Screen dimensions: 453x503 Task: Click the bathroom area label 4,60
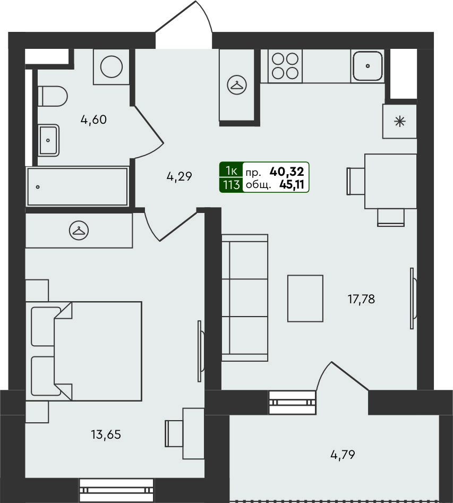[93, 120]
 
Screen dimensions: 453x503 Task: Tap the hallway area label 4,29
[179, 176]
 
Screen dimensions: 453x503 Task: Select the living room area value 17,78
[361, 299]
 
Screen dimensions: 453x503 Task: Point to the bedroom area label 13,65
[106, 434]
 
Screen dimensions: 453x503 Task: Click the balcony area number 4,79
[343, 455]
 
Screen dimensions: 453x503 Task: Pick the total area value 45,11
[292, 184]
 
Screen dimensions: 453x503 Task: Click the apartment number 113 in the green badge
[232, 185]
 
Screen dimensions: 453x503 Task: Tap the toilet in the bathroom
[53, 96]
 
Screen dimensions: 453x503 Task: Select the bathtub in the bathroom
[78, 186]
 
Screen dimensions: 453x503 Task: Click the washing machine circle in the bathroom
[112, 67]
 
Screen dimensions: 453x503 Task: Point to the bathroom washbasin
[48, 140]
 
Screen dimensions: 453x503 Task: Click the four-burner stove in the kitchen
[285, 66]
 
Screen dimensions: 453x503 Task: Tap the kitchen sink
[367, 66]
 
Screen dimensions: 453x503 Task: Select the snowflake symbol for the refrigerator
[400, 122]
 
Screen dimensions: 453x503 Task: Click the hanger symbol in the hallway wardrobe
[237, 85]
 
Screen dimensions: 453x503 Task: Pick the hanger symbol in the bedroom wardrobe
[79, 231]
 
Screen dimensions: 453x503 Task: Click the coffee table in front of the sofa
[305, 298]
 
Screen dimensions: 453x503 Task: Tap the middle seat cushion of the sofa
[249, 297]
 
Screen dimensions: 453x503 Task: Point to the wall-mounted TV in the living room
[413, 299]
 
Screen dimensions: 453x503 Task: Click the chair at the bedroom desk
[174, 433]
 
